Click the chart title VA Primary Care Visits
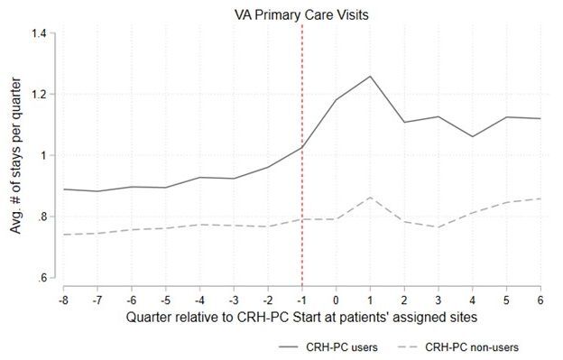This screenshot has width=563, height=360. (x=301, y=14)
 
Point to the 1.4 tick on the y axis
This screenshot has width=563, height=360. (x=39, y=33)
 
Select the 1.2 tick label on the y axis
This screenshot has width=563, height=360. (x=39, y=95)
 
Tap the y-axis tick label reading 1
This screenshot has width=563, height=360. (x=44, y=155)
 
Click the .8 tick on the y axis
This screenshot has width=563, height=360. (x=42, y=217)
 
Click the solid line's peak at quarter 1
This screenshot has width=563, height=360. (x=370, y=77)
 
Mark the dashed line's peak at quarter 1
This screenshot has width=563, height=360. (x=370, y=198)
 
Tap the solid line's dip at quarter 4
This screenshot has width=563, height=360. (x=473, y=137)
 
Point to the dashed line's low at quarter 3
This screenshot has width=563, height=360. (x=438, y=227)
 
